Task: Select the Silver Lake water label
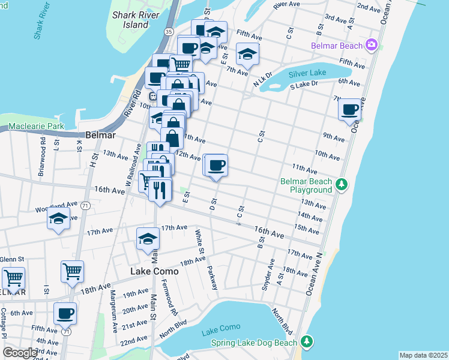(307, 73)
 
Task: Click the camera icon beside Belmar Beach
(372, 46)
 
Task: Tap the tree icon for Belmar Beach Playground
(341, 183)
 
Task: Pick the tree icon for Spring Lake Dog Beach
(307, 341)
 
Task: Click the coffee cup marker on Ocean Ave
(349, 109)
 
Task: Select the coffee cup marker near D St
(217, 165)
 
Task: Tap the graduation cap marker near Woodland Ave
(58, 219)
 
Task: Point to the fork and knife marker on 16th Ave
(157, 191)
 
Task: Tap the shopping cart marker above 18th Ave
(72, 271)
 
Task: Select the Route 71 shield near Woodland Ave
(86, 205)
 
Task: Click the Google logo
(20, 352)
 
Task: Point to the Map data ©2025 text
(423, 355)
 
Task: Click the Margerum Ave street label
(112, 306)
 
